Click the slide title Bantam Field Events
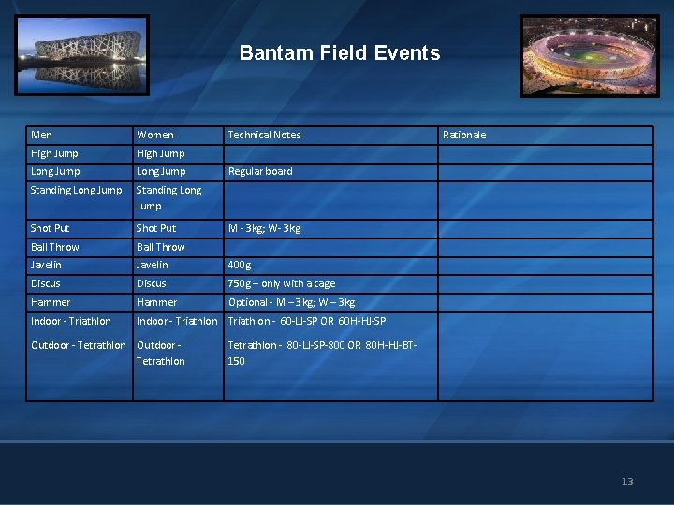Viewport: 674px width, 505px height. coord(339,53)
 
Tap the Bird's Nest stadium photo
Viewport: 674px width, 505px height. coord(81,54)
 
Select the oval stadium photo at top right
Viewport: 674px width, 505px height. coord(589,55)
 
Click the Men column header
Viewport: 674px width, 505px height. coord(41,135)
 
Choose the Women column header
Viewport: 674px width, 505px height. coord(154,135)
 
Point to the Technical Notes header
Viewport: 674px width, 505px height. coord(264,135)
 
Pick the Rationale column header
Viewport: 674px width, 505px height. coord(463,135)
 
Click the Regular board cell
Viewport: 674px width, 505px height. coord(260,171)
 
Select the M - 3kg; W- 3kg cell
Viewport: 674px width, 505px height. coord(264,228)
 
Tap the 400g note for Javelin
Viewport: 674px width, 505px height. coord(240,265)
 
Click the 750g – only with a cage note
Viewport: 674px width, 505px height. coord(282,283)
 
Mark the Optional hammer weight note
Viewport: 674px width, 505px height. coord(291,302)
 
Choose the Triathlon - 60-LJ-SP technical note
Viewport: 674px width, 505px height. coord(307,321)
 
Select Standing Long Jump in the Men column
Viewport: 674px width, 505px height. coord(76,190)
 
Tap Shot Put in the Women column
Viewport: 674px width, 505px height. coord(155,228)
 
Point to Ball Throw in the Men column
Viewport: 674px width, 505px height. coord(54,247)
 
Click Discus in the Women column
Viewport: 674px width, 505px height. coord(151,283)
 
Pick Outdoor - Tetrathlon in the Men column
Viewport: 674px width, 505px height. coord(78,345)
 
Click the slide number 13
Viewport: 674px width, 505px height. coord(627,482)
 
